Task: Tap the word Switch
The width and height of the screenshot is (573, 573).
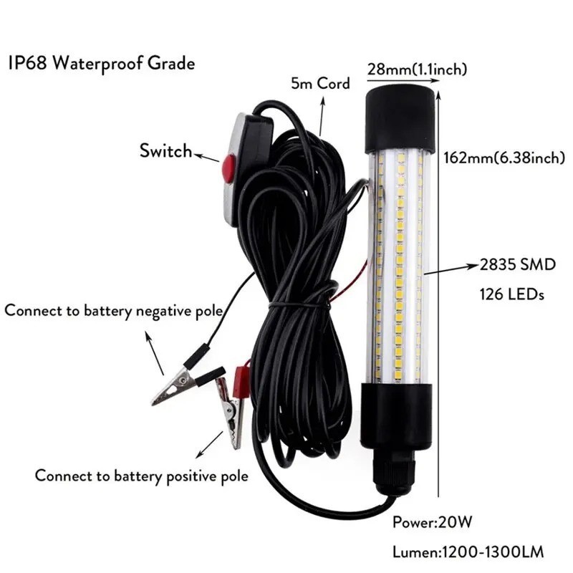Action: point(166,150)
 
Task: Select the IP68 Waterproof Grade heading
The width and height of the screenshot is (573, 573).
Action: point(101,63)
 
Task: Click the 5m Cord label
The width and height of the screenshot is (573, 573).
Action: point(320,83)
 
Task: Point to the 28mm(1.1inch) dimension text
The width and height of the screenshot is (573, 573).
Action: point(416,69)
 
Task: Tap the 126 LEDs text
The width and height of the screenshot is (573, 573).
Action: point(510,294)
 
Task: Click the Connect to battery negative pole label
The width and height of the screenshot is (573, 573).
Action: point(113,311)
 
